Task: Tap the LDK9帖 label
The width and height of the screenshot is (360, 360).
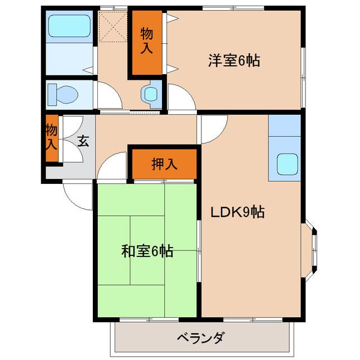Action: tap(238, 212)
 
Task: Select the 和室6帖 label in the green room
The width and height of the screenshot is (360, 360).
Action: tap(147, 251)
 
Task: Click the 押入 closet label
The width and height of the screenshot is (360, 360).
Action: tap(164, 164)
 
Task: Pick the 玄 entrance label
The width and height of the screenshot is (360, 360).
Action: tap(83, 141)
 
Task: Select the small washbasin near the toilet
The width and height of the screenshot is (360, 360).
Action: tap(150, 93)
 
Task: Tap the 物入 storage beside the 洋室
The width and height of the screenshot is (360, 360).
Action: tap(146, 42)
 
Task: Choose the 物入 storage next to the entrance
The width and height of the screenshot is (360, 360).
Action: tap(51, 138)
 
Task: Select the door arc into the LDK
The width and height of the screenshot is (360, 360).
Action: tap(212, 130)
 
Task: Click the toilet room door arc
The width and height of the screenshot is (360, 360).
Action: tap(108, 94)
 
